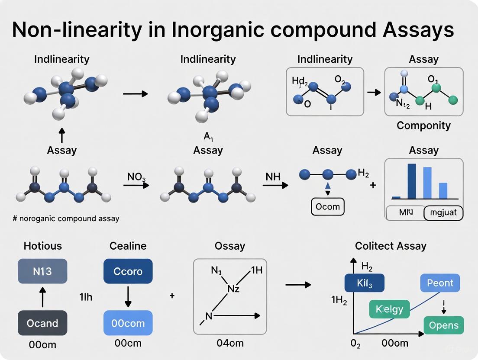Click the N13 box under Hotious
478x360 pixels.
(42, 271)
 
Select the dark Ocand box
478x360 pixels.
(42, 323)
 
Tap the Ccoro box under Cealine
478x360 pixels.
(128, 271)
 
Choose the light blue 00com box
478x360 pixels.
(128, 323)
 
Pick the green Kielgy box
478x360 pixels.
(389, 309)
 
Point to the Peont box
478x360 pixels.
(440, 283)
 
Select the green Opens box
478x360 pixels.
(444, 325)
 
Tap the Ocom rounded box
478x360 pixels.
(328, 206)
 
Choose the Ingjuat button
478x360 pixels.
(443, 212)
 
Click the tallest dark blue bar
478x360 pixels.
(411, 181)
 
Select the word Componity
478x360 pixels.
(423, 125)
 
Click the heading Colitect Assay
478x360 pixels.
(390, 246)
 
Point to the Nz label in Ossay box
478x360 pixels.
(233, 288)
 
